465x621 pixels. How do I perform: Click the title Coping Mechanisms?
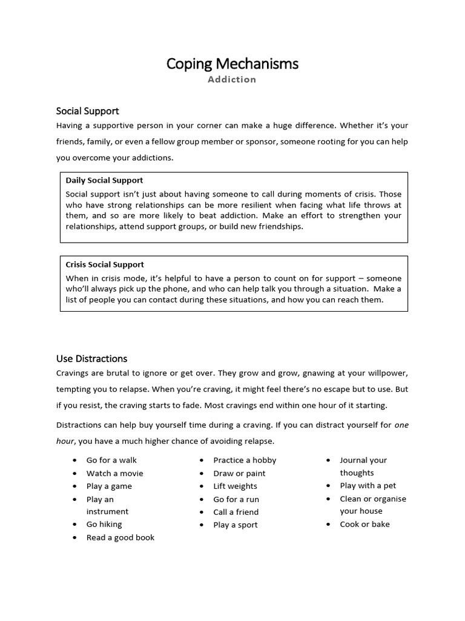232,64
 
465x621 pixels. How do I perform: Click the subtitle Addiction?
232,79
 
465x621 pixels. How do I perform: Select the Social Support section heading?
87,111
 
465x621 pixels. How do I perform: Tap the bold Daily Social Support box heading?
104,180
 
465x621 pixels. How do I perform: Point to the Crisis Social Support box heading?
105,264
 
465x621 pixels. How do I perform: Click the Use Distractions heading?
91,358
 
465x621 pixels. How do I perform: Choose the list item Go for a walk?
111,460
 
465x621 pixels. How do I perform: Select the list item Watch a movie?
114,473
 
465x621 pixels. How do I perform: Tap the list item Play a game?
109,486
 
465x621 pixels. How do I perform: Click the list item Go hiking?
104,524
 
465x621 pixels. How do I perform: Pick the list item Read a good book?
120,537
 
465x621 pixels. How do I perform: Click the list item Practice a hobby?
245,460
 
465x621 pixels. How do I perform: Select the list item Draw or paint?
239,473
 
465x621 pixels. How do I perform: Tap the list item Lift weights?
235,486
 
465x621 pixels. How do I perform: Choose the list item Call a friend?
236,512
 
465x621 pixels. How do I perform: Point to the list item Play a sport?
236,525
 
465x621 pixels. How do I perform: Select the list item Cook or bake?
364,524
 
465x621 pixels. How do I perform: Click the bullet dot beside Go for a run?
201,500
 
